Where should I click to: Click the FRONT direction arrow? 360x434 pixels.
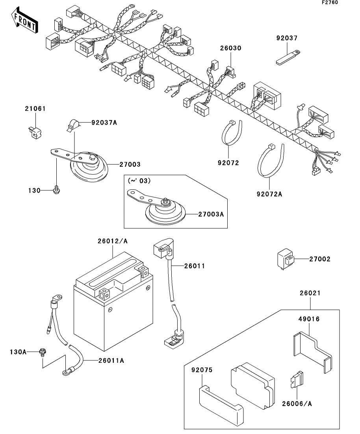pos(24,22)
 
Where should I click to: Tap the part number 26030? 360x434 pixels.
pos(230,48)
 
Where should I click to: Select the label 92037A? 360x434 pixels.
pos(104,122)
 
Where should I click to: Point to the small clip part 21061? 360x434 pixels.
pos(34,131)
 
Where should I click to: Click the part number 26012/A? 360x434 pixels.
pos(113,241)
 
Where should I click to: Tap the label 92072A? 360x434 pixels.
pos(270,193)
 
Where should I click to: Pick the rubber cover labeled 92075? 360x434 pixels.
pos(220,405)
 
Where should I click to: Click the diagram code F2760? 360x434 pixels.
pos(330,2)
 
